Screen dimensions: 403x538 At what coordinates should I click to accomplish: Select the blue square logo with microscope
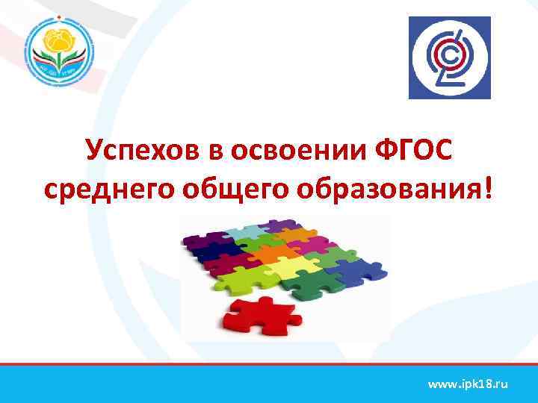click(x=449, y=57)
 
